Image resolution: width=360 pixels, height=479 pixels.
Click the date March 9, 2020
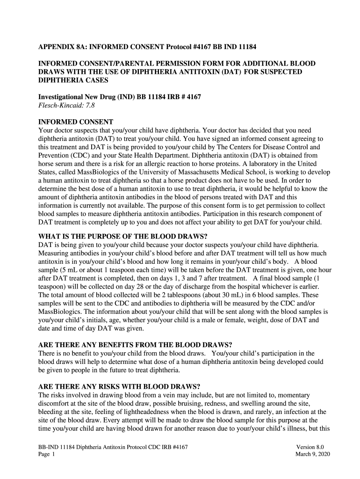point(310,455)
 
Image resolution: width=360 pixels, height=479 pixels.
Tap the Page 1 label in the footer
point(47,455)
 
